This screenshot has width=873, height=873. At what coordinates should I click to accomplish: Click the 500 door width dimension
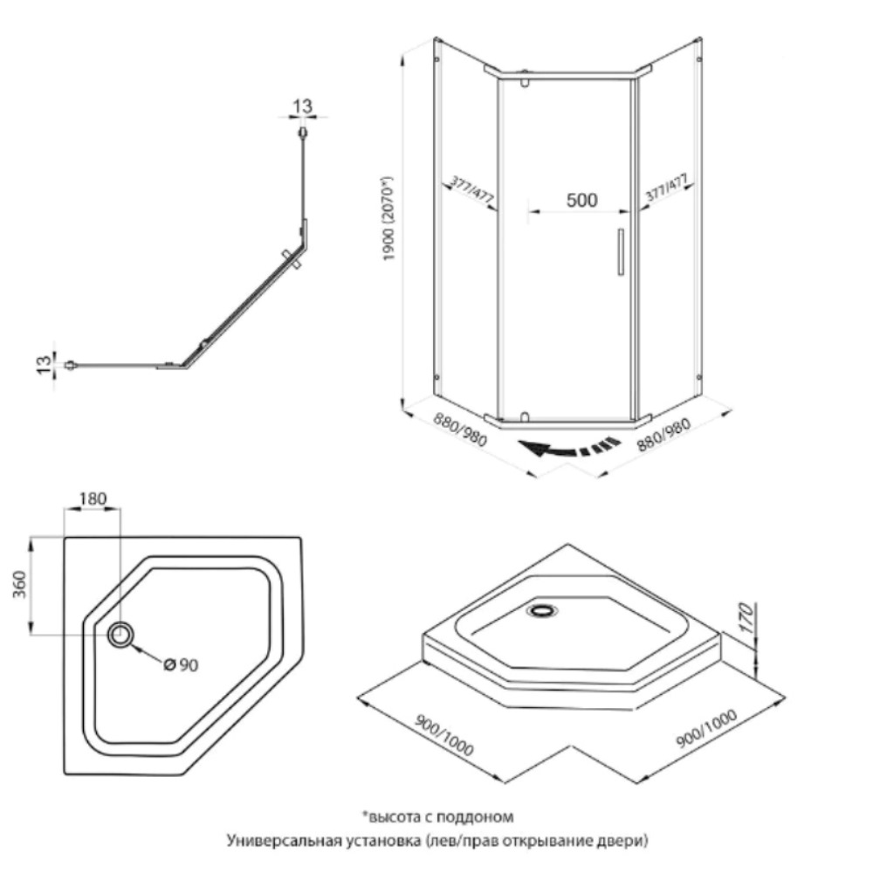(x=581, y=200)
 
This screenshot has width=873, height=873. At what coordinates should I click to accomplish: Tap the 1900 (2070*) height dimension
(x=388, y=219)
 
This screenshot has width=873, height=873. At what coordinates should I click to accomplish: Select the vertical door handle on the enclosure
(x=621, y=251)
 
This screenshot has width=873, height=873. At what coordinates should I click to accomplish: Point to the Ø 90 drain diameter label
(x=182, y=664)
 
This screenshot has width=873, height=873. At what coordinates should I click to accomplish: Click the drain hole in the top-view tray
(x=120, y=634)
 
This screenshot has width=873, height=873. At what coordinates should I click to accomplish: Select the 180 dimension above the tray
(x=93, y=498)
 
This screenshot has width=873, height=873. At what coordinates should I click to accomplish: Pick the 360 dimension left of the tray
(x=19, y=583)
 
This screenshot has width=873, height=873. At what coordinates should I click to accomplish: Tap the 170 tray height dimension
(x=747, y=617)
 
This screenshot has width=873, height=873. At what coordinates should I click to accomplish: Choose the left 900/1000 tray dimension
(x=444, y=734)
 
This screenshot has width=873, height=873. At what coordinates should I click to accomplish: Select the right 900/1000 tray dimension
(x=706, y=728)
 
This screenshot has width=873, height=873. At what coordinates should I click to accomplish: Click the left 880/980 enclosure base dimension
(x=460, y=429)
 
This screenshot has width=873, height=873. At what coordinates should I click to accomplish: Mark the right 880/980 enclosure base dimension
(x=663, y=434)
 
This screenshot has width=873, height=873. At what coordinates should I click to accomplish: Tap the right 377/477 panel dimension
(x=666, y=187)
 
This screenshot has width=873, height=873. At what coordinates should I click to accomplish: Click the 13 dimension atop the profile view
(x=302, y=106)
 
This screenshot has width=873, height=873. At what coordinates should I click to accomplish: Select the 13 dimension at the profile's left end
(x=44, y=364)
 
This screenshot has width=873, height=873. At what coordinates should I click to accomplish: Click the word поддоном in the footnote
(x=475, y=817)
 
